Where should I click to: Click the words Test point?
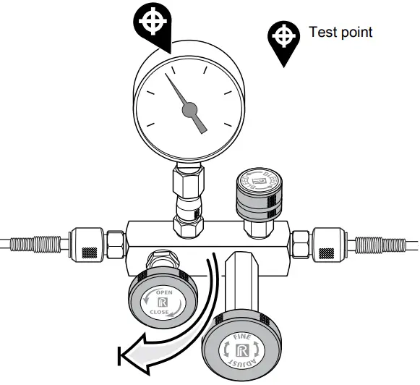coord(340,33)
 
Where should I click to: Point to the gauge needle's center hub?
coord(189,109)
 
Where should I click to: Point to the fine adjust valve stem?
coord(241,282)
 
